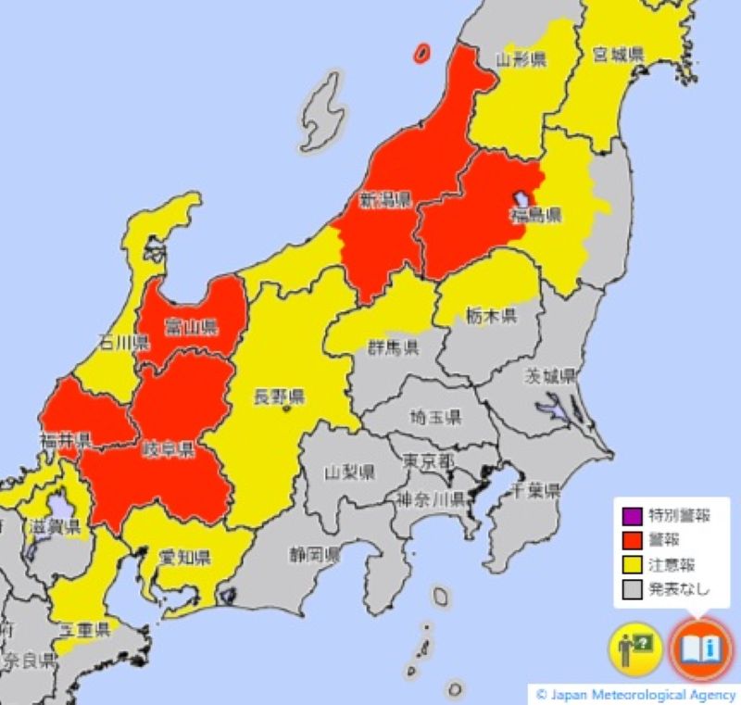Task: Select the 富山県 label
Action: (x=191, y=326)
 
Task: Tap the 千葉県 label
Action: (x=536, y=490)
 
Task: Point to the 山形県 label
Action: (x=521, y=60)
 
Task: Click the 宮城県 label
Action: (x=619, y=55)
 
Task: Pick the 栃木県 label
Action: (x=491, y=316)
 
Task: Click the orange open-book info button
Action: (x=700, y=646)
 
